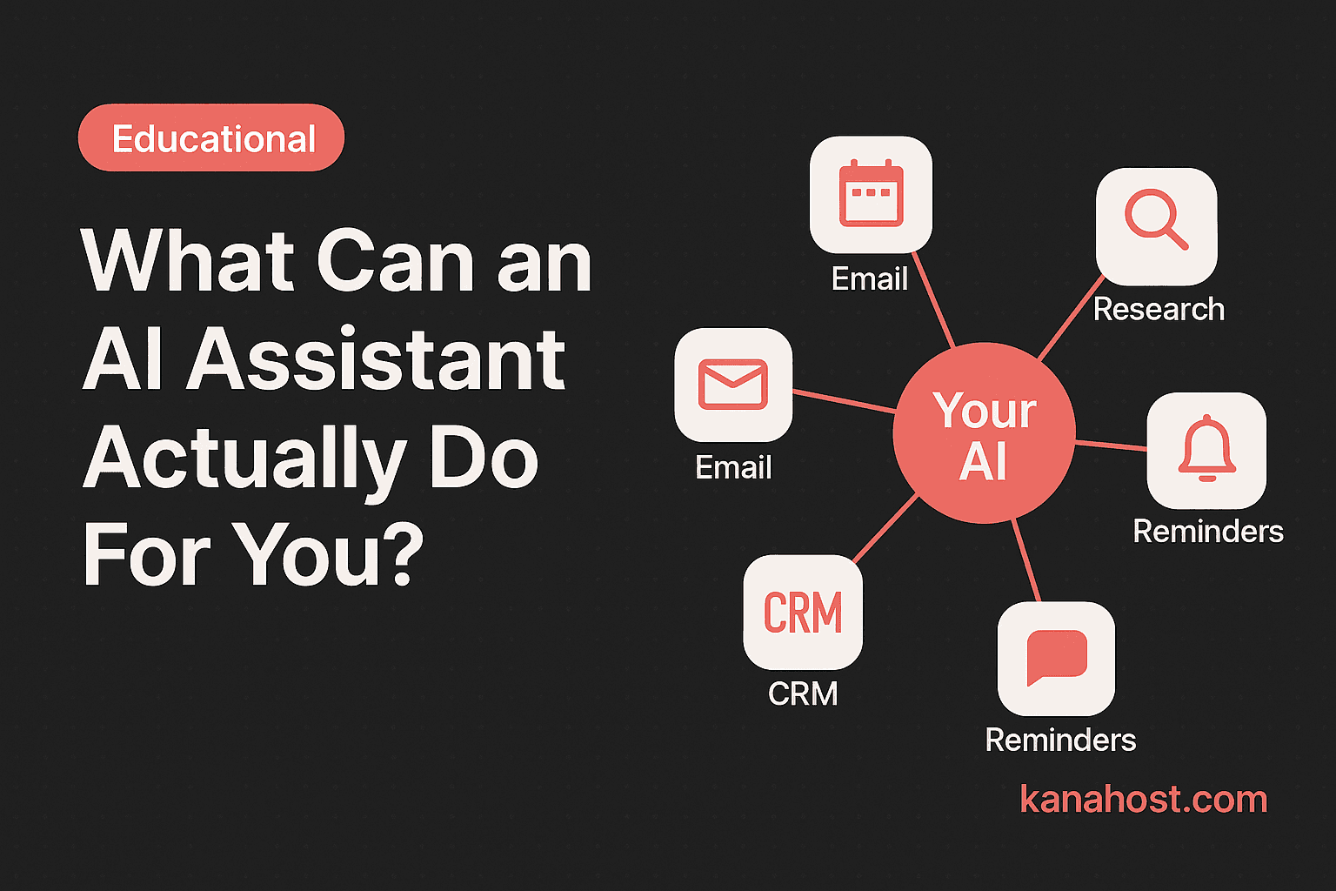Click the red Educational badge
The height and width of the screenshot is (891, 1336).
[211, 138]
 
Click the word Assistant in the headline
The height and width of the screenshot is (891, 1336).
[376, 360]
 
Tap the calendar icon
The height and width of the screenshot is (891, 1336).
[871, 194]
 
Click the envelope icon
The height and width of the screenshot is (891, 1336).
[733, 385]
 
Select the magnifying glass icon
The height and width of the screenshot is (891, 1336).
[1156, 220]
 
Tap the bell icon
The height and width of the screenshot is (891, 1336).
[1206, 448]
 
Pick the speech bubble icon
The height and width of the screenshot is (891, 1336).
[1057, 657]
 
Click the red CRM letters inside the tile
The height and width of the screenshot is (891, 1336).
[803, 613]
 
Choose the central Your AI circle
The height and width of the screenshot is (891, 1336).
[985, 433]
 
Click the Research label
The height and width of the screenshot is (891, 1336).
[1159, 309]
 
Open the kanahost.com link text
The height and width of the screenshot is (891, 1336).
[1143, 799]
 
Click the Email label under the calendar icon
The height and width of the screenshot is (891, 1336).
[869, 279]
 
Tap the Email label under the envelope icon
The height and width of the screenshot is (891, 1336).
[733, 468]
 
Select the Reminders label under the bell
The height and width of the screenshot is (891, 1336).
[1208, 531]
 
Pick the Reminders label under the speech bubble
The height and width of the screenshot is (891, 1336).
[1060, 740]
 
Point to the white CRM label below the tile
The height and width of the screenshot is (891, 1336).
[803, 693]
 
